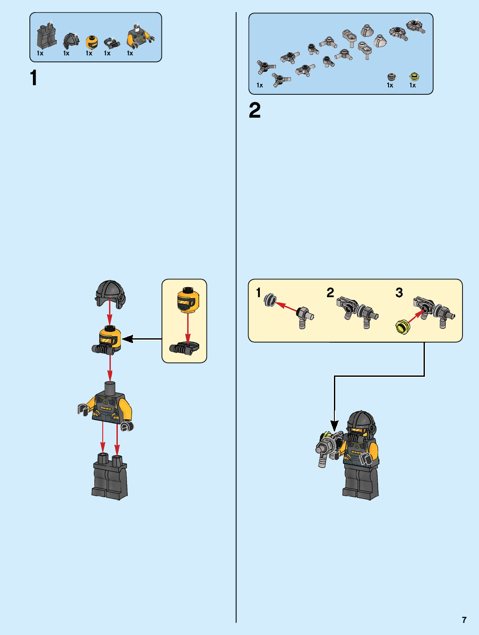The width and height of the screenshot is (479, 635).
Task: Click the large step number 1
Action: tap(34, 78)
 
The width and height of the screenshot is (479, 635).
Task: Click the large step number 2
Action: tap(255, 111)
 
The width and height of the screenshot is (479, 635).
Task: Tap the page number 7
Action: tap(464, 620)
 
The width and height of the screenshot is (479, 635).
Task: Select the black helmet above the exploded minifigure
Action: tap(110, 293)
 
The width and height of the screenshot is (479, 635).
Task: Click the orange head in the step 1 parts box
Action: tap(91, 42)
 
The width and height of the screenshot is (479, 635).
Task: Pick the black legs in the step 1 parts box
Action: tap(46, 37)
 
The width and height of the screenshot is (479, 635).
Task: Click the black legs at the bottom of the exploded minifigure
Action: tap(110, 478)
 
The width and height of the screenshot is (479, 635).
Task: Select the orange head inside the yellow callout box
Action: tap(188, 299)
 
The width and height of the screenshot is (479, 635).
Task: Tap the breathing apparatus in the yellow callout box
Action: tap(184, 348)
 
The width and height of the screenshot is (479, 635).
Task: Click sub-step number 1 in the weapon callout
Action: tap(259, 293)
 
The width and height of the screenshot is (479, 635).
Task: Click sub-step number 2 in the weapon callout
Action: tap(330, 293)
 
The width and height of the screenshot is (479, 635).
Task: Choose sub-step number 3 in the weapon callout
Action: tap(399, 293)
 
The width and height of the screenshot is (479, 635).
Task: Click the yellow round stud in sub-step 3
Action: tap(403, 327)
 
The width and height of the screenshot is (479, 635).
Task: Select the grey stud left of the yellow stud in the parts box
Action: tap(392, 77)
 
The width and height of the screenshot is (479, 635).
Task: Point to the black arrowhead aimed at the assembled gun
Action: tap(334, 426)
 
